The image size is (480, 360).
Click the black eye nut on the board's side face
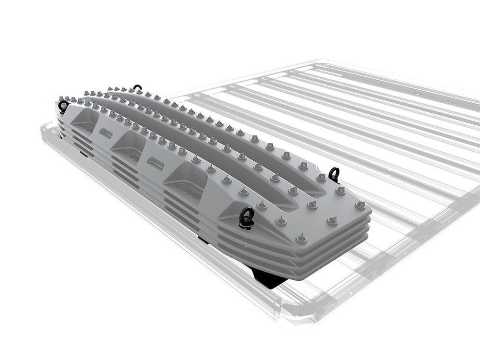click(x=247, y=216)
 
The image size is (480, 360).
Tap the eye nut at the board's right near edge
click(x=334, y=174)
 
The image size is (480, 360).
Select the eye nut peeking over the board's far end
click(x=138, y=88)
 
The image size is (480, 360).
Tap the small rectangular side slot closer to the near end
click(x=156, y=163)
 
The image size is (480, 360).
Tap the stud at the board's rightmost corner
click(x=361, y=205)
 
